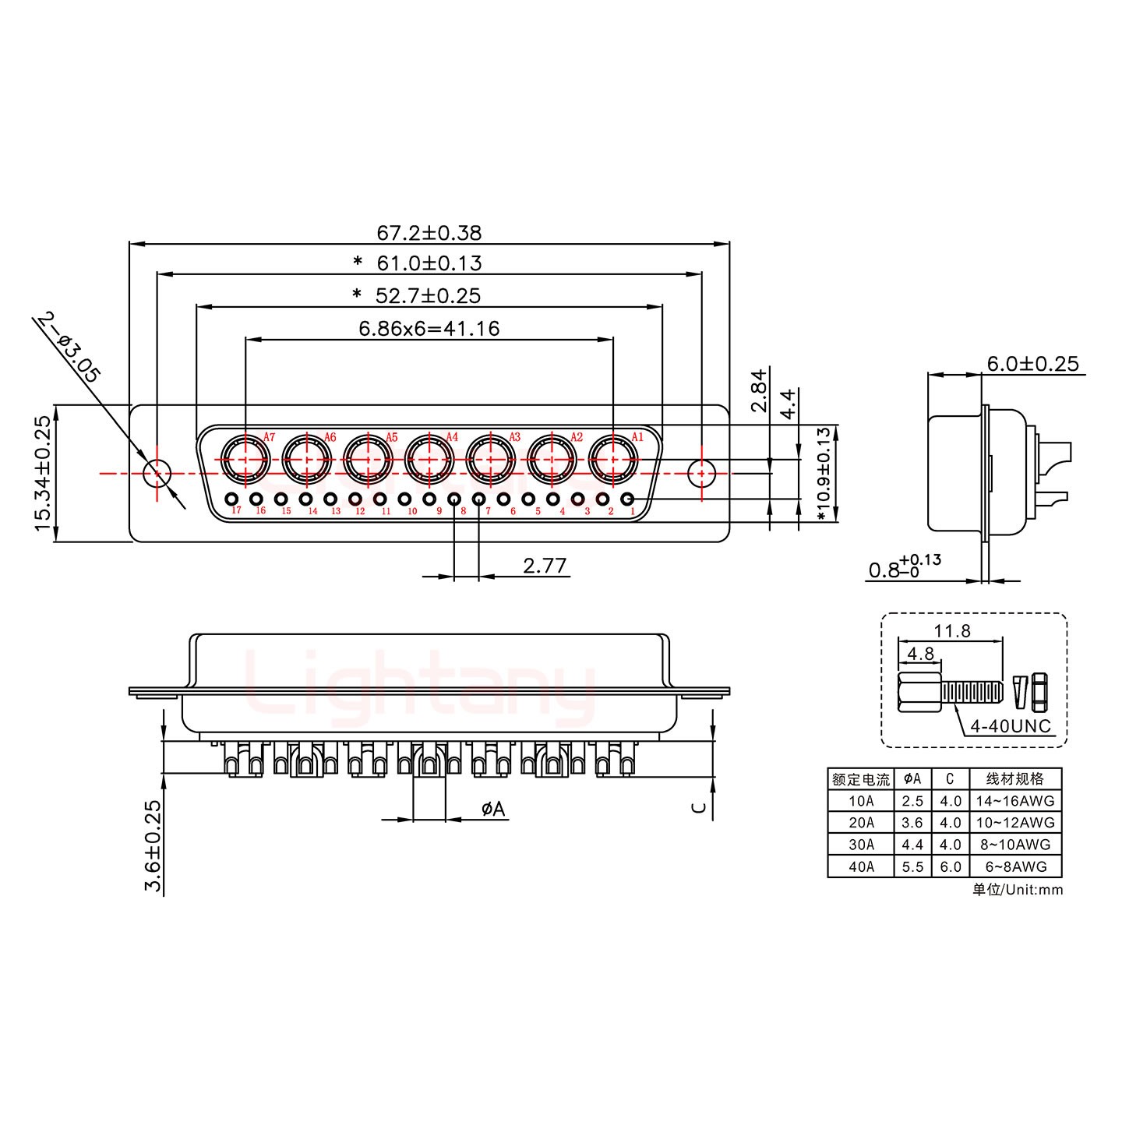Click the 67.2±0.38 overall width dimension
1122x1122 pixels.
[x=429, y=232]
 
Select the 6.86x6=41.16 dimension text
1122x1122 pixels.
[x=429, y=328]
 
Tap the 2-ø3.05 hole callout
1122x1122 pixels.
[x=69, y=348]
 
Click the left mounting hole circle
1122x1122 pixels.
[x=157, y=472]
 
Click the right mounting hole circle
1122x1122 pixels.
[x=702, y=472]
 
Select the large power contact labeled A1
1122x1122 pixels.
[x=612, y=460]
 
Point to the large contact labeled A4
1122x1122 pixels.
[x=429, y=460]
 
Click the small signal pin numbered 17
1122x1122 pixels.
[x=231, y=499]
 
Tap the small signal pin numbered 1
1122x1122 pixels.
[x=627, y=499]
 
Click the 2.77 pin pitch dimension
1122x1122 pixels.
[x=544, y=565]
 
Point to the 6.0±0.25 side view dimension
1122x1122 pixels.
[x=1032, y=363]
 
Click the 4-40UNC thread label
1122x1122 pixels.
[x=1010, y=726]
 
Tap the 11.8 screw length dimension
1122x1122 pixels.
[x=952, y=630]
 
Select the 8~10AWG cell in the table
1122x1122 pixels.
[x=1014, y=845]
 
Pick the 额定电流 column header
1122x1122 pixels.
[x=860, y=779]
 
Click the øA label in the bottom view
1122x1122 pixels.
[x=492, y=810]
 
